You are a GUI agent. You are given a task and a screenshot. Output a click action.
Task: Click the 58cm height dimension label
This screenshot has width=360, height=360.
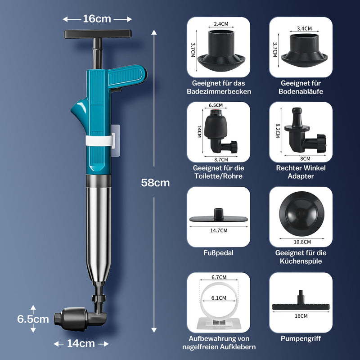pos(155,183)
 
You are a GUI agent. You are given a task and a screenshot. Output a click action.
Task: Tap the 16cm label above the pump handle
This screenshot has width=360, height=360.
pos(97,19)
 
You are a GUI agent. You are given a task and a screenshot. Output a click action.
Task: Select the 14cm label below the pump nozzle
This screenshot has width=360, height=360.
pos(81,343)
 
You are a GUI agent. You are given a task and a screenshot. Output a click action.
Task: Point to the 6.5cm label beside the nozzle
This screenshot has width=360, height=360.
pos(33,319)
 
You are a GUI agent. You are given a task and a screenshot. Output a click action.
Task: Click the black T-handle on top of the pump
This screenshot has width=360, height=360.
pos(98,34)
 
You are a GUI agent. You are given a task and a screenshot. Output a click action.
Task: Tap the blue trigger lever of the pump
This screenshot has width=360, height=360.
pos(127,75)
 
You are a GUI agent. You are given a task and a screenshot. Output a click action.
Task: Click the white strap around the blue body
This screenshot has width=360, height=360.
pos(99,140)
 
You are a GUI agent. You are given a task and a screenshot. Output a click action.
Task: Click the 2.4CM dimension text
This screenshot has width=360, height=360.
pos(221,24)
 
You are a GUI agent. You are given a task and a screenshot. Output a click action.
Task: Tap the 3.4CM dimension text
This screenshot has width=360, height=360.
pos(304,28)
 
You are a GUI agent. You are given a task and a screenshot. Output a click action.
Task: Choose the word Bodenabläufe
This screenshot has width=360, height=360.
pos(301,91)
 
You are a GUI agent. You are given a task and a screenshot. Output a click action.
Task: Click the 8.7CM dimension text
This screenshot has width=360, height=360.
pos(221,160)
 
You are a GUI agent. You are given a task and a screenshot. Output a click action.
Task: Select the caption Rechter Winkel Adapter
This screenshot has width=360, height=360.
pos(301,172)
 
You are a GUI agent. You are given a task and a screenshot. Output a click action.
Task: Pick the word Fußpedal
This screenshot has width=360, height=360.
pos(218,253)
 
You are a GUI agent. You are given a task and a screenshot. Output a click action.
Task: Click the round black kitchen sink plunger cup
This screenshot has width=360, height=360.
pos(301,214)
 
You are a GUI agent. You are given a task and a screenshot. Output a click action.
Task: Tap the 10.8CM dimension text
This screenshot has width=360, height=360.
pos(302,242)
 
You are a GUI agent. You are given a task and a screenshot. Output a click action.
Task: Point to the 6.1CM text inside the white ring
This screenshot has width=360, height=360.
pos(219,298)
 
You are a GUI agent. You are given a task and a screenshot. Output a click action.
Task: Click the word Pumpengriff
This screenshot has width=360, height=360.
pos(301,338)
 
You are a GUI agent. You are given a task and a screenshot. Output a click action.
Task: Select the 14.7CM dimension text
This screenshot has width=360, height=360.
pos(219,230)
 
